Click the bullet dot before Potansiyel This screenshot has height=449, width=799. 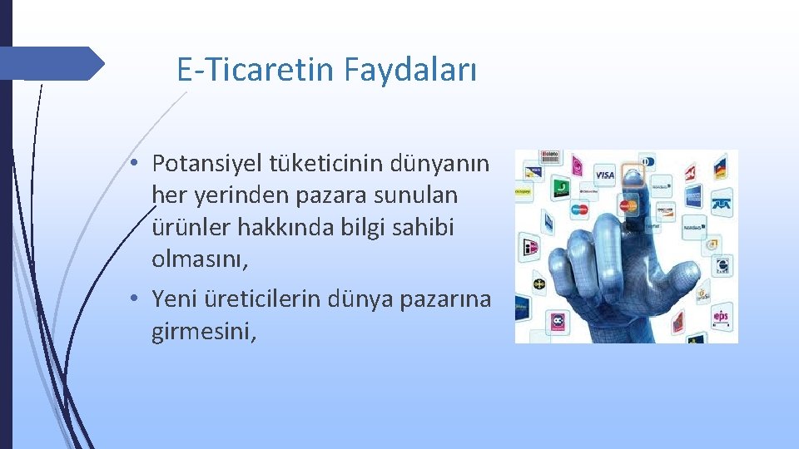pos(133,160)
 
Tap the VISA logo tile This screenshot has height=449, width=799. pos(604,175)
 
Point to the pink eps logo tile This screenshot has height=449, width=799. pos(720,316)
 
